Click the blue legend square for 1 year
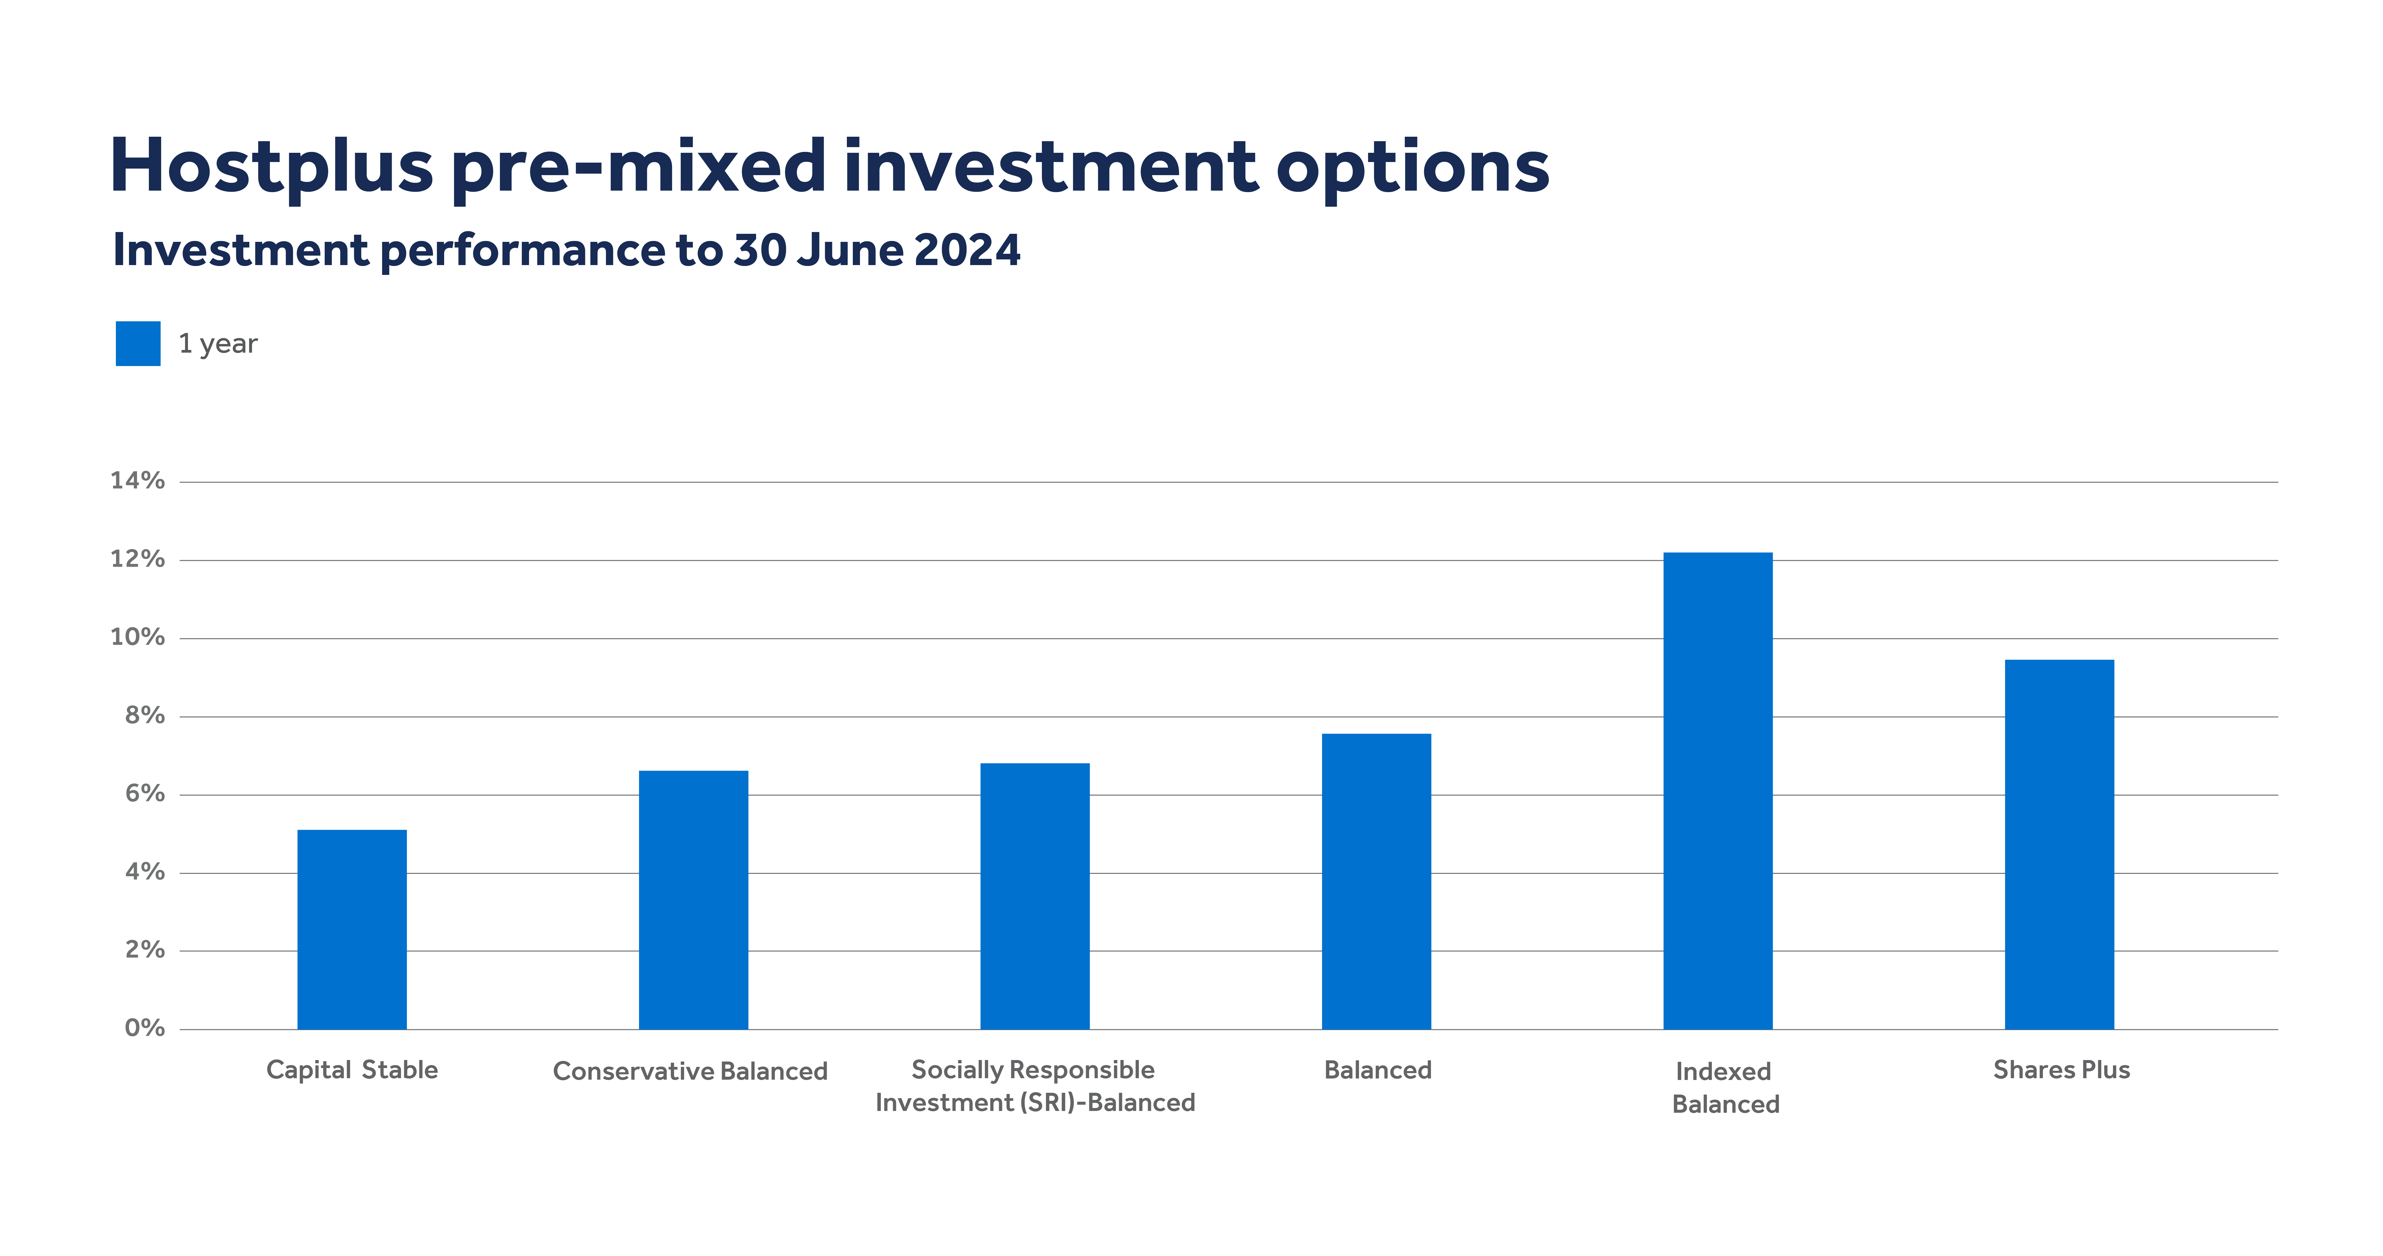click(x=138, y=343)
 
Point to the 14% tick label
click(x=137, y=481)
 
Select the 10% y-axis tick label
click(x=137, y=637)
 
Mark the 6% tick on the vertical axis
click(x=144, y=793)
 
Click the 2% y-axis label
click(x=144, y=950)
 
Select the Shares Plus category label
click(x=2061, y=1070)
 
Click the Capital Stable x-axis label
click(x=351, y=1070)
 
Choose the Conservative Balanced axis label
click(x=690, y=1071)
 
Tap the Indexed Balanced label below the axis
click(x=1725, y=1088)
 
